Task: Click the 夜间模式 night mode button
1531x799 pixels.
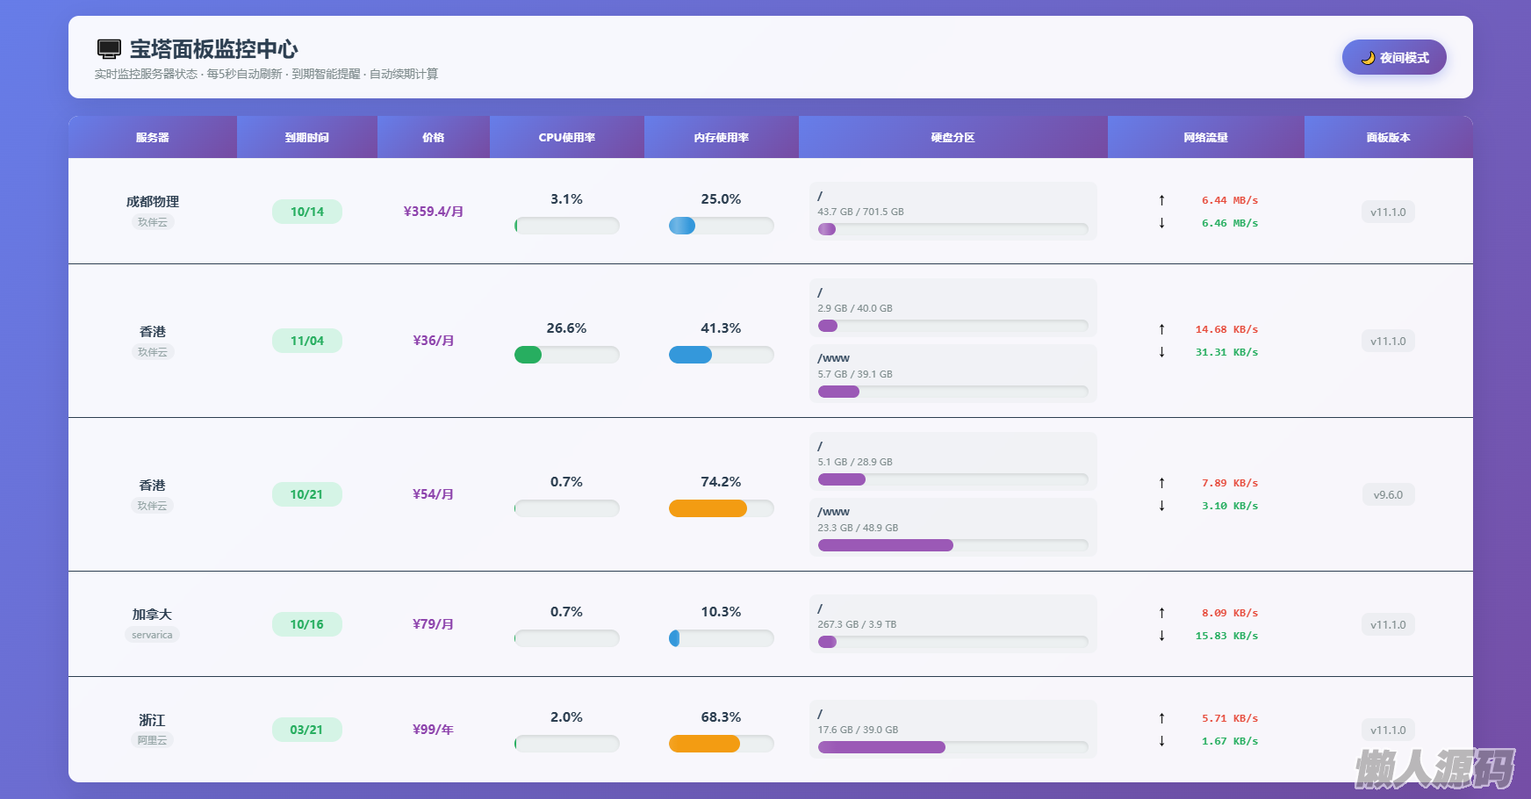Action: click(1394, 57)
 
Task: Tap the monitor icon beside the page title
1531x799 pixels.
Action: click(109, 49)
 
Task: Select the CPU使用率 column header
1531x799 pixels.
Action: click(566, 137)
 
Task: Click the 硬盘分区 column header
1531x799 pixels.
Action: click(952, 137)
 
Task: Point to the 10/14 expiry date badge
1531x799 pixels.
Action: click(307, 212)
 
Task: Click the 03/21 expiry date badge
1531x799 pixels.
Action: click(306, 730)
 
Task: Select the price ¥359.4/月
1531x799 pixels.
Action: click(433, 212)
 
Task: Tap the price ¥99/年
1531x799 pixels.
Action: click(433, 730)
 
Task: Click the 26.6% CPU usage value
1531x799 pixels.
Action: click(566, 328)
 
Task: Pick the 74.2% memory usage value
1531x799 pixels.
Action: click(721, 482)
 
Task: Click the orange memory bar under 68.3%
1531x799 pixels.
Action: click(704, 744)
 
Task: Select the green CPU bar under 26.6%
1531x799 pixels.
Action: click(528, 355)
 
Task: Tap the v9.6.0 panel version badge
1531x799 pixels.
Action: click(1388, 494)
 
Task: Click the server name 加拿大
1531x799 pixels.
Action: click(152, 614)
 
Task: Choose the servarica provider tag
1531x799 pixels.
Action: click(152, 635)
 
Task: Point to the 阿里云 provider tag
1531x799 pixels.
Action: click(152, 740)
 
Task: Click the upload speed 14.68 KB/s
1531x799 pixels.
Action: click(1226, 329)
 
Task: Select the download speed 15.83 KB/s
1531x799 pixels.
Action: click(1226, 636)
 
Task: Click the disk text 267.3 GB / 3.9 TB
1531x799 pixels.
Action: click(857, 624)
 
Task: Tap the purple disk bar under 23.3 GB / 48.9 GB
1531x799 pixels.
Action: click(885, 545)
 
